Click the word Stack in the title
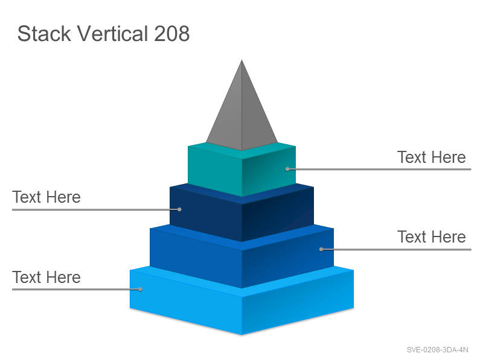44,33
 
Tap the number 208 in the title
171,33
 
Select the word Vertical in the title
112,33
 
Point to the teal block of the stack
242,170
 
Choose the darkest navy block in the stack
242,212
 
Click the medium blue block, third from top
242,256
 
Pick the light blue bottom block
242,300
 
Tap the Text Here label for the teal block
431,157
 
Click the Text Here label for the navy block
46,197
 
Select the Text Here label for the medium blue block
431,237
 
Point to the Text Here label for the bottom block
46,277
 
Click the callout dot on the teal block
287,169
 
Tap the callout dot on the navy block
179,209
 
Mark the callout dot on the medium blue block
321,249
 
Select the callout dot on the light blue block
140,289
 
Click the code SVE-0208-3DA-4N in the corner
437,350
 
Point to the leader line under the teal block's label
379,169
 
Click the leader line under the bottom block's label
76,290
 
